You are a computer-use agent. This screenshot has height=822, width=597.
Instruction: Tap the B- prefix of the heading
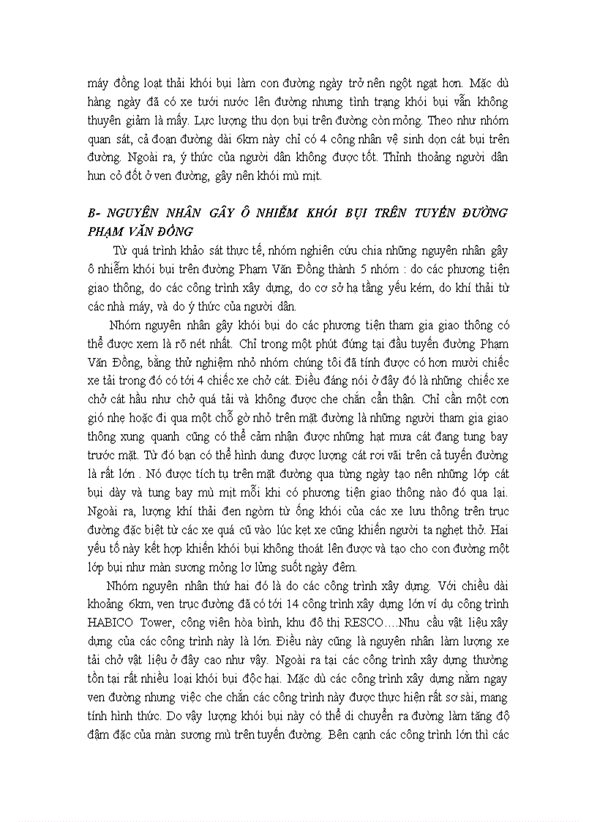pyautogui.click(x=92, y=213)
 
